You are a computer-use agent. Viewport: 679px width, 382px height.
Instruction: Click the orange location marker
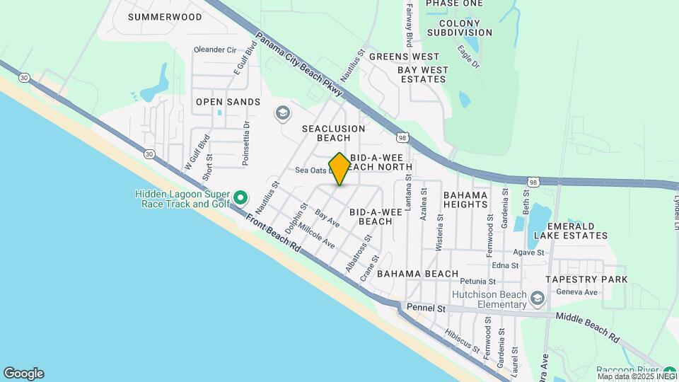point(339,168)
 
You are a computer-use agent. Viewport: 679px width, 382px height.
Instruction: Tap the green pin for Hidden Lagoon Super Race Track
point(240,197)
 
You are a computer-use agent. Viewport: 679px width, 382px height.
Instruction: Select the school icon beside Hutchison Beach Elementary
point(538,299)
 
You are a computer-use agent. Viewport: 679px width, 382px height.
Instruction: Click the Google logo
point(23,374)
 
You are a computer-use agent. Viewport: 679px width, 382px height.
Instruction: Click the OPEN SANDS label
point(228,102)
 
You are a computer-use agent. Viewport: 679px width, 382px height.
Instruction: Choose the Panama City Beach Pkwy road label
point(299,64)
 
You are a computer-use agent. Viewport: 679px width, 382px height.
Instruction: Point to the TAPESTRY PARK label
point(586,279)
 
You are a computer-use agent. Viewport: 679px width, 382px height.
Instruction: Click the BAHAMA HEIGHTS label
point(465,199)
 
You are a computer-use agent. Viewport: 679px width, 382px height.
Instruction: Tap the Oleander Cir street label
point(214,50)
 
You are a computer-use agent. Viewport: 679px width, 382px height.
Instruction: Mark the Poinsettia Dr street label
point(246,144)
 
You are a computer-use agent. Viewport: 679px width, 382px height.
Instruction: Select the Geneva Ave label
point(577,292)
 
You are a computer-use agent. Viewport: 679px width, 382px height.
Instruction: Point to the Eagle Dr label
point(468,56)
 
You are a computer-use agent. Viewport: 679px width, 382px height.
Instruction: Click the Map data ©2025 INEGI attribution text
point(636,376)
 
